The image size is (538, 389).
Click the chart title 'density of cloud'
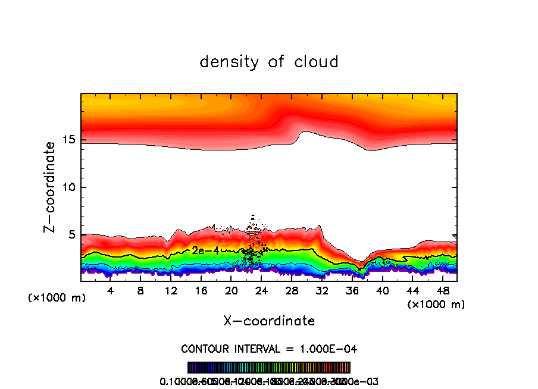click(269, 61)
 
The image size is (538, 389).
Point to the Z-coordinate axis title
click(51, 187)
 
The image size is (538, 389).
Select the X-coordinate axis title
click(269, 321)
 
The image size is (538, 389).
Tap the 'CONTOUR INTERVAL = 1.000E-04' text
click(269, 349)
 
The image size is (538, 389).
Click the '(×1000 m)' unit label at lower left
click(57, 298)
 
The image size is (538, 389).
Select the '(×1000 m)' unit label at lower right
click(436, 305)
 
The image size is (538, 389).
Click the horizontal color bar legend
click(269, 368)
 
